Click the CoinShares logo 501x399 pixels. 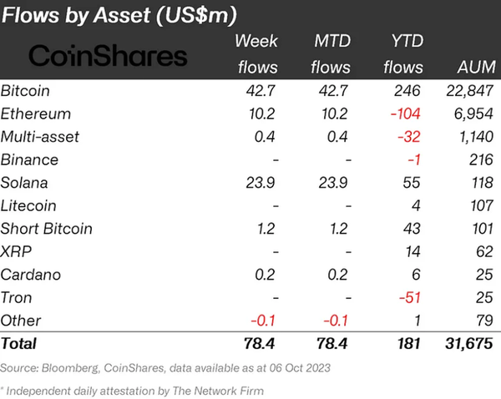(109, 56)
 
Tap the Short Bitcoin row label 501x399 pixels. (47, 228)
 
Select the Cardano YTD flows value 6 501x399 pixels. (418, 274)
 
